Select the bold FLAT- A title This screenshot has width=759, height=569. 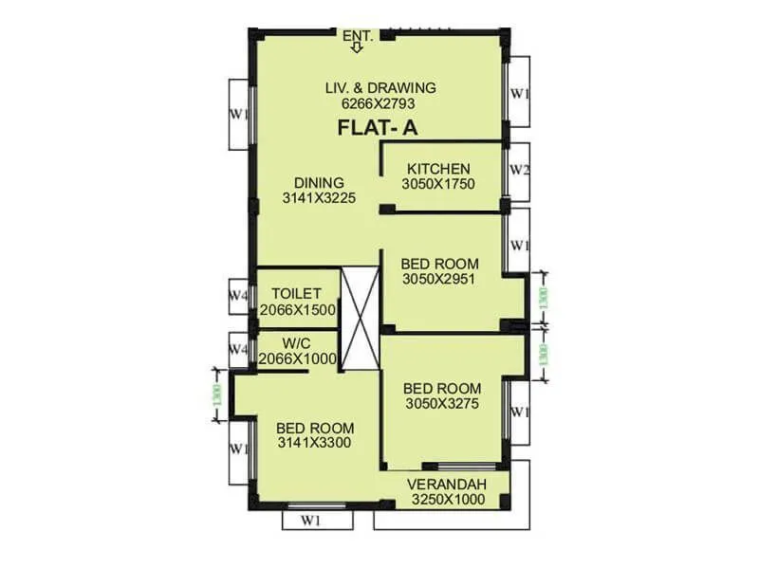tap(379, 129)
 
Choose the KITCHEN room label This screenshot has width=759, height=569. tap(438, 169)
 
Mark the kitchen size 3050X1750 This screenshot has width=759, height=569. tap(438, 184)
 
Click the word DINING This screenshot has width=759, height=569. tap(319, 182)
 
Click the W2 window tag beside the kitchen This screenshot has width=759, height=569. tap(518, 171)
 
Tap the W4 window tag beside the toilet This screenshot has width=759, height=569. tap(238, 295)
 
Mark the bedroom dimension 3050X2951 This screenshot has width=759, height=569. tap(438, 279)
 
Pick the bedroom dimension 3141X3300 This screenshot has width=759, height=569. tap(316, 443)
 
